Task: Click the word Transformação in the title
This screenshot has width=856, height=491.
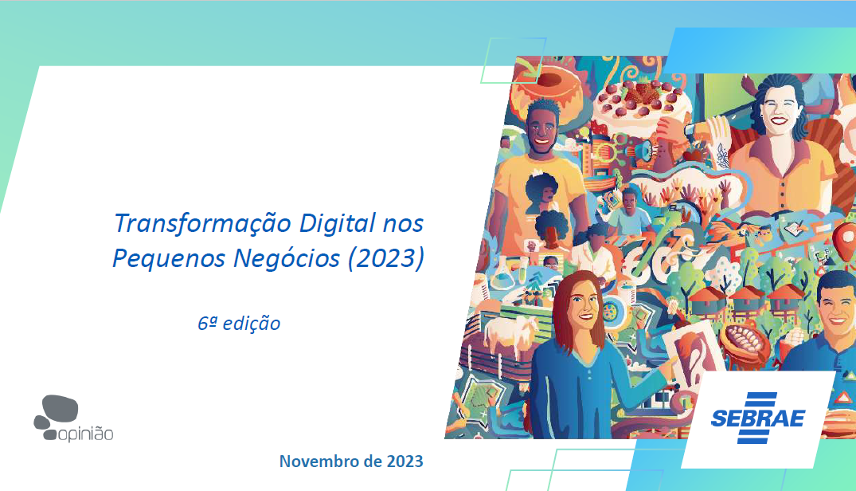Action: (x=202, y=224)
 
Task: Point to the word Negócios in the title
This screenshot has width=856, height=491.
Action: (x=287, y=257)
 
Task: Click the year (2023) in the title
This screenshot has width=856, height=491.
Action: (x=386, y=257)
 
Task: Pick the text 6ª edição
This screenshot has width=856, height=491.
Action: (x=239, y=324)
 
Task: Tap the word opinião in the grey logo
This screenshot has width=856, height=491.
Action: (x=86, y=434)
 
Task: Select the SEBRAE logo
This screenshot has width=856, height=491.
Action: (x=758, y=418)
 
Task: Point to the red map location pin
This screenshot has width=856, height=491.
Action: (x=844, y=240)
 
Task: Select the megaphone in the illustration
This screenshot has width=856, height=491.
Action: (x=647, y=150)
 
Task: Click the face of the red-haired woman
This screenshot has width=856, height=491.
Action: (x=580, y=307)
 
